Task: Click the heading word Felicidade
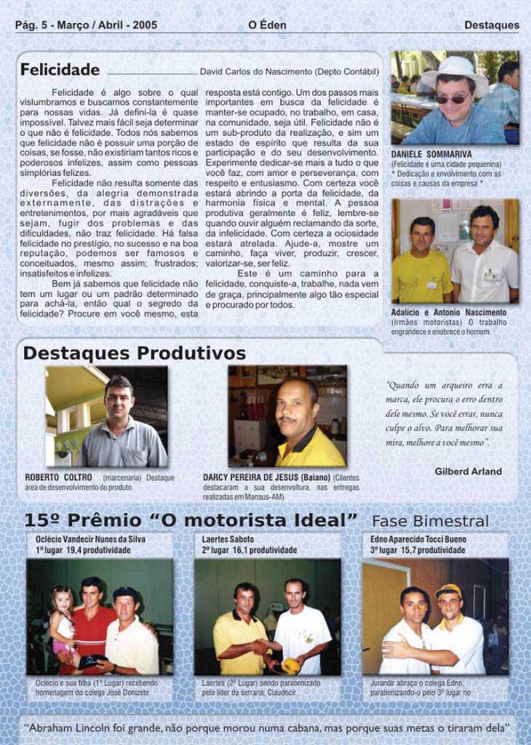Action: [x=60, y=71]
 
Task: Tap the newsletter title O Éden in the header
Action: [x=267, y=25]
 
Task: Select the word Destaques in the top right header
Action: [x=492, y=25]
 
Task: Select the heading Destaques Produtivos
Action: [x=135, y=354]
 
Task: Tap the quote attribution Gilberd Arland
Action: [x=468, y=471]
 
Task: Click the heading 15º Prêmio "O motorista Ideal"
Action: [x=191, y=521]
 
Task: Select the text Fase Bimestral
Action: [x=430, y=522]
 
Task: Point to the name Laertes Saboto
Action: [x=228, y=540]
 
